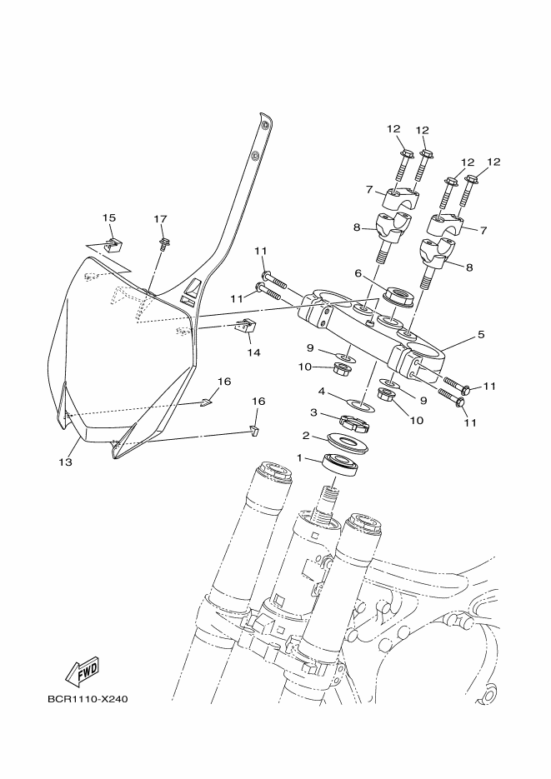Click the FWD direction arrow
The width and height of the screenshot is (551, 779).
coord(83,670)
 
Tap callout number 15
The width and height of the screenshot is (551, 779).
coord(109,217)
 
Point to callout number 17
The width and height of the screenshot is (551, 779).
coord(161,219)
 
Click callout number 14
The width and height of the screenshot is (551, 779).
coord(253,352)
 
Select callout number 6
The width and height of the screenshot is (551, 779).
coord(358,273)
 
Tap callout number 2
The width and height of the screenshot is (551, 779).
coord(306,435)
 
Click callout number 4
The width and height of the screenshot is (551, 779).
coord(321,390)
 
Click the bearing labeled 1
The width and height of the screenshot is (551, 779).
coord(339,465)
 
